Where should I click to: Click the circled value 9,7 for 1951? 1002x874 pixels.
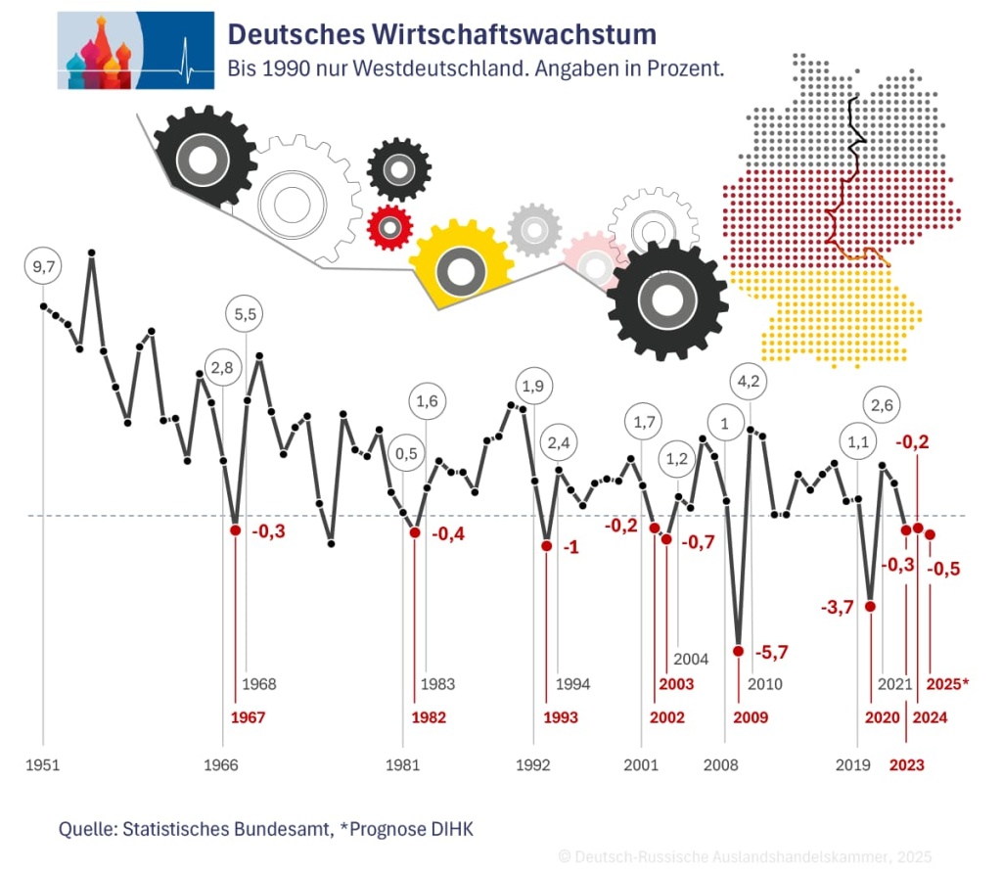42,266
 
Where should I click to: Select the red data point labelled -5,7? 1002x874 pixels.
738,651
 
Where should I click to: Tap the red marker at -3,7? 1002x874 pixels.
870,607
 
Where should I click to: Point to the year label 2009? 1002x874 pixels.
750,717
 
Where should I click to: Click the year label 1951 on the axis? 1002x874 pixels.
42,764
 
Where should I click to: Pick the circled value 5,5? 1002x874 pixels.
245,315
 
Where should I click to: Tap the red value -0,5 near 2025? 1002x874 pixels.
944,569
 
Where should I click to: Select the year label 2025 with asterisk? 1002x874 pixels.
947,684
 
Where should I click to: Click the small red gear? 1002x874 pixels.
389,228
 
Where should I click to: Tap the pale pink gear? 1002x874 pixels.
594,262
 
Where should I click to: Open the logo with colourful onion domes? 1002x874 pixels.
135,50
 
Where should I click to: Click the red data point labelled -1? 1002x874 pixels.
546,545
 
